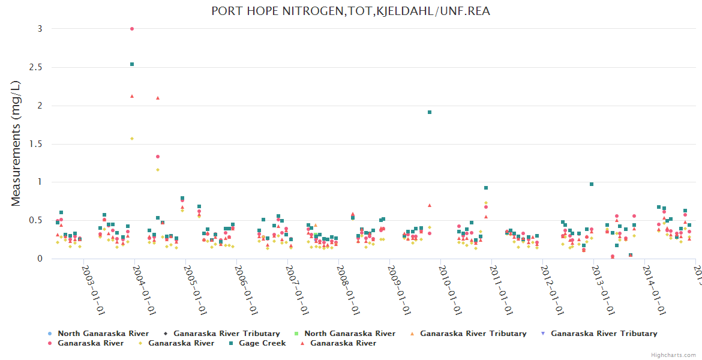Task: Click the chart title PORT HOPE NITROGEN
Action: [350, 11]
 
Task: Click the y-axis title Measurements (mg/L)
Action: [16, 144]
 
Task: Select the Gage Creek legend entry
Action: [262, 343]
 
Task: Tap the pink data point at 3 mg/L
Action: [132, 29]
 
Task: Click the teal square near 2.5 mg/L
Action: [132, 64]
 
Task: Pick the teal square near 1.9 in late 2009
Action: [430, 112]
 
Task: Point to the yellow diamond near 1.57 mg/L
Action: [132, 139]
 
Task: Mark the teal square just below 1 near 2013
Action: [592, 184]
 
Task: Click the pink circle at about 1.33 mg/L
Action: [158, 157]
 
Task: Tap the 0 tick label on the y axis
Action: [40, 259]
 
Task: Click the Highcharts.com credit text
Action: [674, 355]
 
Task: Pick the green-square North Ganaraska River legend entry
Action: [349, 334]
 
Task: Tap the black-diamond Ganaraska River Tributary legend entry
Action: [226, 334]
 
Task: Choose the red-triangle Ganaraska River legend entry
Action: [343, 343]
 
